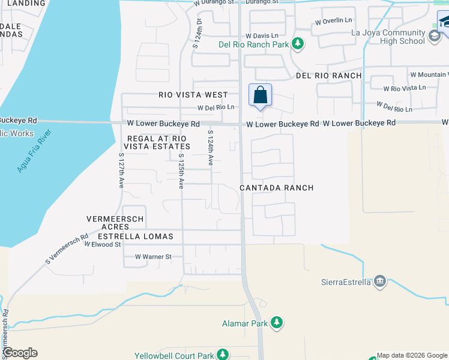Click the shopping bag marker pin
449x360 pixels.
click(260, 95)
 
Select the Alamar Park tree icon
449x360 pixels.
click(277, 323)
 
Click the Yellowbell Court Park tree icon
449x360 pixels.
click(223, 355)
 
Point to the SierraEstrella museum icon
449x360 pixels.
click(379, 281)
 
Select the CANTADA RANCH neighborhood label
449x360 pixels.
click(276, 188)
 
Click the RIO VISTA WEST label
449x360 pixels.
click(193, 95)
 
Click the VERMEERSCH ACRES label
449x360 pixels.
click(115, 223)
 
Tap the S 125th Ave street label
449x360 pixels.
click(180, 170)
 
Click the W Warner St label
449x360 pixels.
click(153, 257)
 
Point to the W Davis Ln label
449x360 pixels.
click(262, 36)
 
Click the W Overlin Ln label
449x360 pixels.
click(334, 20)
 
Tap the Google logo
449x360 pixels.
click(20, 353)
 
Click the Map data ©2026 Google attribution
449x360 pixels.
click(412, 355)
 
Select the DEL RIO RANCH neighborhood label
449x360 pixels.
click(329, 76)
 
